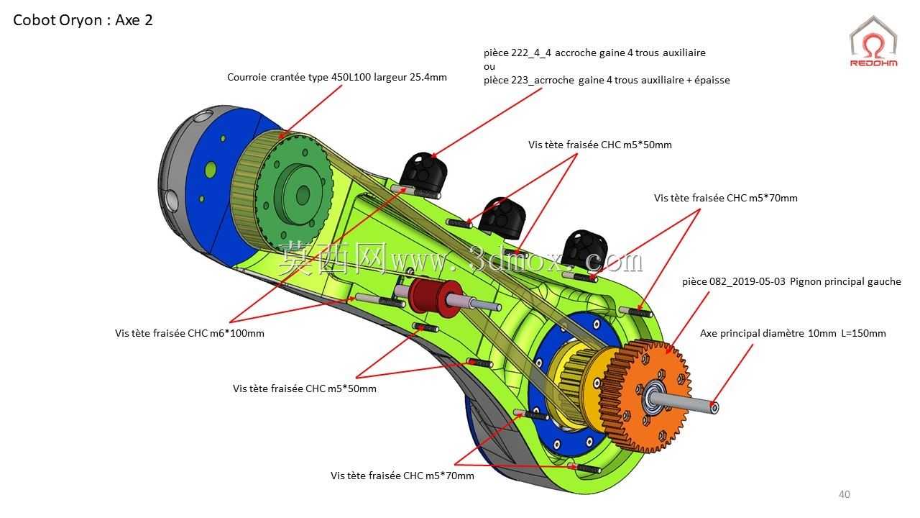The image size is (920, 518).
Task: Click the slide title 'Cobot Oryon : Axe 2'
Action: [83, 20]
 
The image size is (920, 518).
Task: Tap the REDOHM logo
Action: [873, 42]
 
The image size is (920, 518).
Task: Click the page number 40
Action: [845, 494]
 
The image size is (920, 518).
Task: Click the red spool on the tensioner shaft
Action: [435, 298]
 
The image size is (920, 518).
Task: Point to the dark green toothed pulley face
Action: [295, 194]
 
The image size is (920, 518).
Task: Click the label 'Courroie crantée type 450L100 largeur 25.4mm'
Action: [337, 77]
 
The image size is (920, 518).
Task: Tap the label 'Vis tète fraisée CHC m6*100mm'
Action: [189, 333]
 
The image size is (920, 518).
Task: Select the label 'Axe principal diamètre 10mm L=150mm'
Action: [793, 333]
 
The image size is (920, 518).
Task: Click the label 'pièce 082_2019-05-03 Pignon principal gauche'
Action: [791, 281]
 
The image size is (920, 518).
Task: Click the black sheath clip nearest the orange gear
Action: [584, 249]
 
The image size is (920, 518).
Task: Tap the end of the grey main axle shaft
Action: [714, 407]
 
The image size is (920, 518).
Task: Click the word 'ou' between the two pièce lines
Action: [489, 67]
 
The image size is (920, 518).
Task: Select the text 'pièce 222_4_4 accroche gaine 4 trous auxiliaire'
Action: [594, 53]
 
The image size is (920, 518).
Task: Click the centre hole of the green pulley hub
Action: [303, 194]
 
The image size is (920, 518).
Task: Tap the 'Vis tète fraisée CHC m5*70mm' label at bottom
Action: [402, 476]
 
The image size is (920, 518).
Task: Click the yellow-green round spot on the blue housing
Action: [211, 169]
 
